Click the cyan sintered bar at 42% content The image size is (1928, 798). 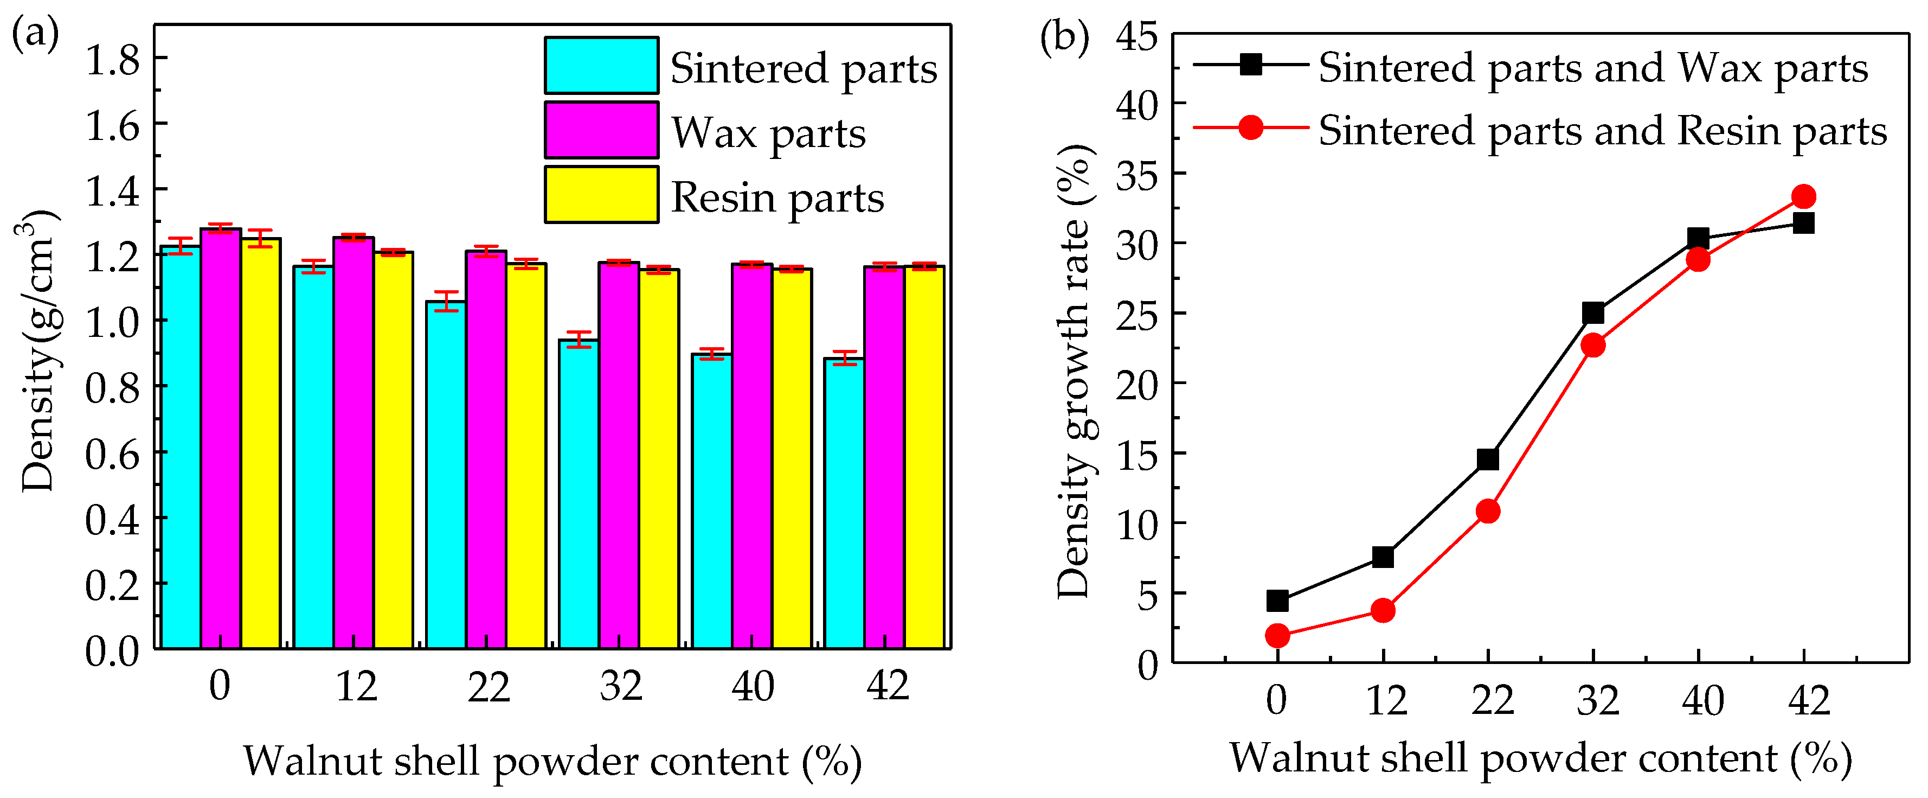coord(844,503)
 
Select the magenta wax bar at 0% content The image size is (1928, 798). coord(221,438)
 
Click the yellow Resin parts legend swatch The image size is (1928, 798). coord(601,195)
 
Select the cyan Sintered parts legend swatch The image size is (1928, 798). coord(601,66)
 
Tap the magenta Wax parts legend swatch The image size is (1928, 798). coord(601,130)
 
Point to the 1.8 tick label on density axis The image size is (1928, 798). coord(113,60)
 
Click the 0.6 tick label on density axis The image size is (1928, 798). coord(113,454)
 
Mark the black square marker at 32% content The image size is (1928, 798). coord(1593,313)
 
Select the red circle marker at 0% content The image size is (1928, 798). coord(1277,636)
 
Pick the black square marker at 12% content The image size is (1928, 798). coord(1383,557)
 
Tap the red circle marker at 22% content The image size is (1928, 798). coord(1488,511)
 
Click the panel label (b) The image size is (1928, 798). coord(1064,37)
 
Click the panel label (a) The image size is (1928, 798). coord(35,34)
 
